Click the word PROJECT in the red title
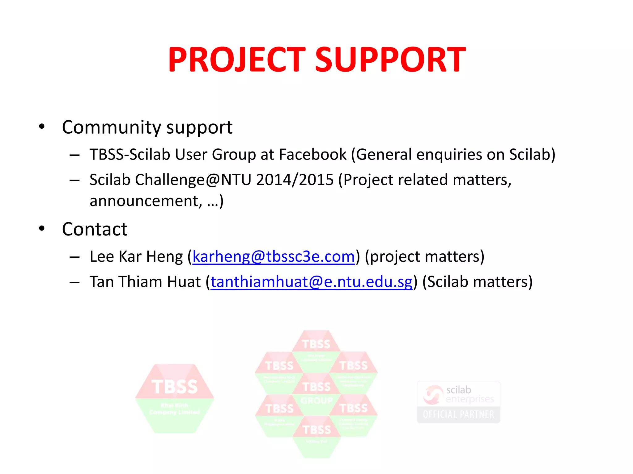[x=237, y=60]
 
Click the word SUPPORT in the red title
[x=390, y=60]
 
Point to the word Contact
[x=95, y=229]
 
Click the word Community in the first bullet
[x=111, y=127]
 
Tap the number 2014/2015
[x=295, y=180]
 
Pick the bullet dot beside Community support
[x=42, y=127]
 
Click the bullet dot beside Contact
[x=42, y=229]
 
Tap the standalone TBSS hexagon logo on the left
[x=175, y=398]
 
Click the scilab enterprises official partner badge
[x=458, y=402]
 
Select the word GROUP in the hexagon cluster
[x=316, y=401]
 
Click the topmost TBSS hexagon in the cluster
[x=316, y=344]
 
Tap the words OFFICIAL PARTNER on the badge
[x=458, y=414]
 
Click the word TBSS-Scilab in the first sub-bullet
[x=130, y=155]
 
